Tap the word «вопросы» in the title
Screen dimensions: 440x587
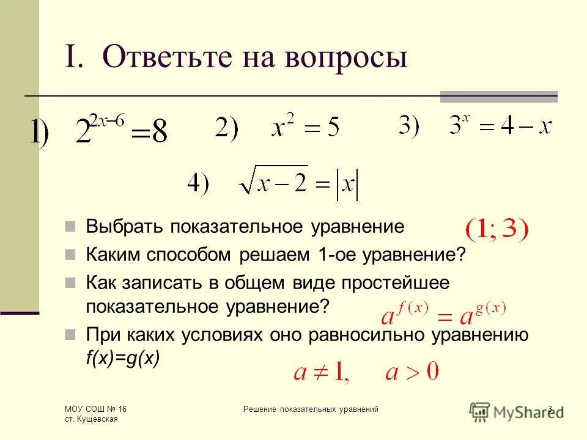[346, 58]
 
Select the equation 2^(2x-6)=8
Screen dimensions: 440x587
[120, 130]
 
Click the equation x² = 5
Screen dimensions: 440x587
[305, 128]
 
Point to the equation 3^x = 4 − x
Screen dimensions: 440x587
[500, 127]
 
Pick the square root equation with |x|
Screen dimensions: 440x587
[298, 183]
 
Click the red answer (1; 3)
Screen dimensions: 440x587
[497, 231]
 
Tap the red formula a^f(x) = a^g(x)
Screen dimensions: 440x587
[443, 313]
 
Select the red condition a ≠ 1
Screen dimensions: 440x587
[320, 372]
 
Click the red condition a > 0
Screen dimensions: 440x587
[412, 372]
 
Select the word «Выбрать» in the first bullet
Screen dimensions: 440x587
[125, 227]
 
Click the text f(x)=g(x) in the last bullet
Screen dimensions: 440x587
[122, 359]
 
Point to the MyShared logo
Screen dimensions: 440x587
[517, 411]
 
